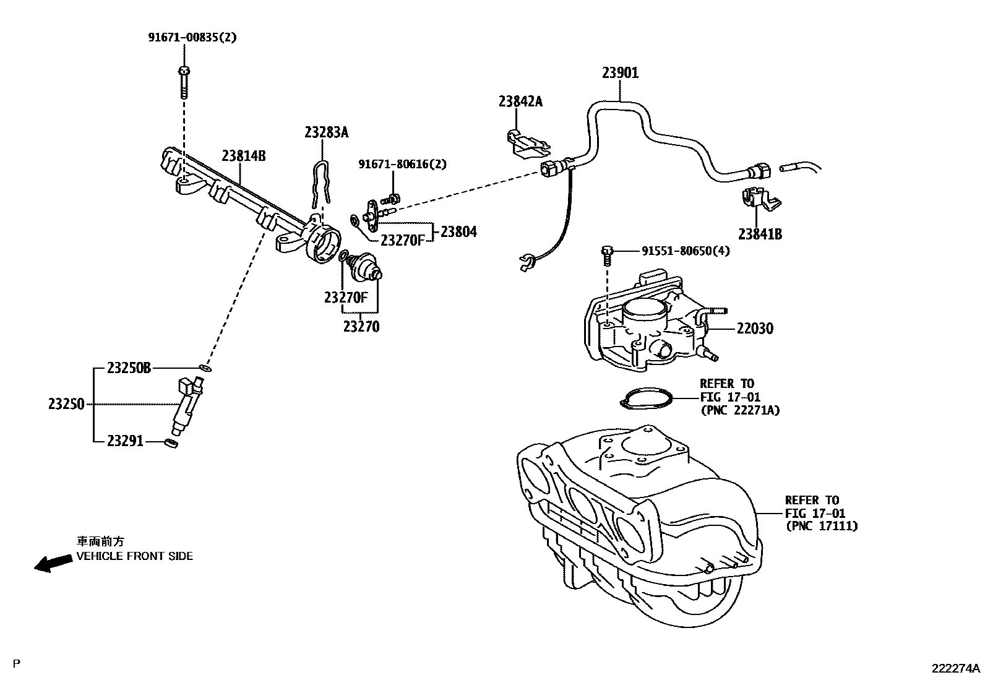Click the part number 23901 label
[x=620, y=73]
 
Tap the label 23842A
[x=520, y=101]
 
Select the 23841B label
[x=760, y=234]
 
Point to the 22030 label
[x=754, y=329]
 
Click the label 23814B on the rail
[x=244, y=155]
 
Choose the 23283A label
[x=326, y=132]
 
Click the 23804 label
[x=458, y=232]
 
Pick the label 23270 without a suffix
[x=361, y=326]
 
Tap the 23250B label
[x=129, y=368]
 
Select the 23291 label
[x=125, y=441]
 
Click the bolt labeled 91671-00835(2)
[x=183, y=81]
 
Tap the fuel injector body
[x=187, y=405]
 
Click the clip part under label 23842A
[x=526, y=143]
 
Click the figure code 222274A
[x=956, y=668]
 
